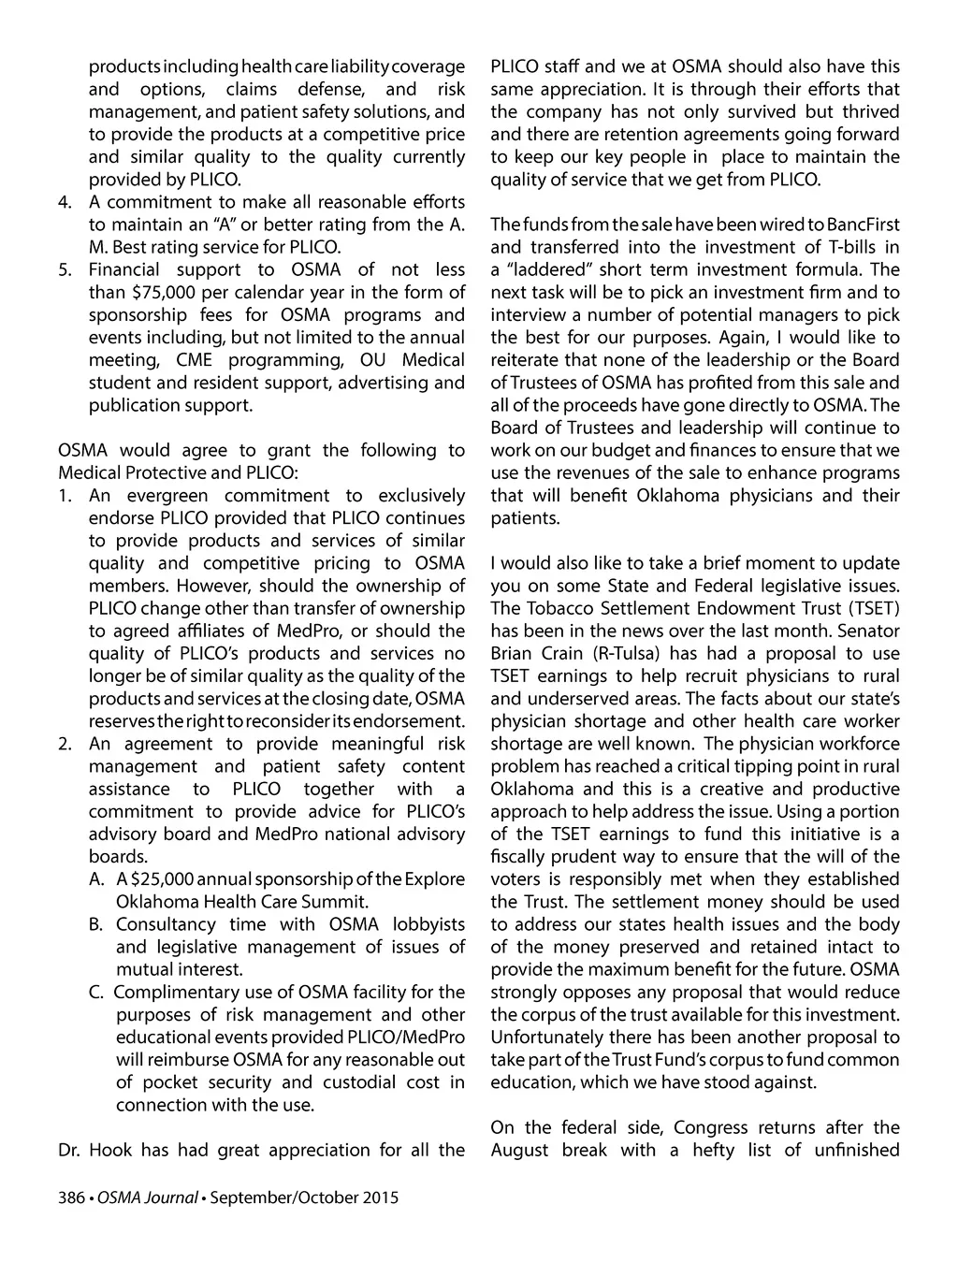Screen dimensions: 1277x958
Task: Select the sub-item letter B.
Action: (x=96, y=924)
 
